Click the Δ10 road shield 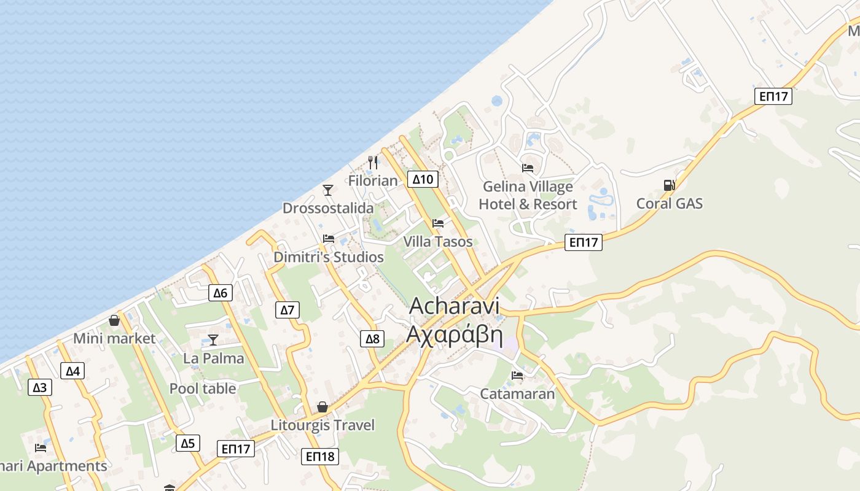click(423, 179)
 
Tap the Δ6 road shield click(220, 293)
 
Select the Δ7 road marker click(287, 310)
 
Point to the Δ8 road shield click(373, 339)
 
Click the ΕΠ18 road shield click(320, 457)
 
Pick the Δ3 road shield click(40, 387)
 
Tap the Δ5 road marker click(187, 443)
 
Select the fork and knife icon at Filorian click(373, 163)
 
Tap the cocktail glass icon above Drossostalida click(328, 190)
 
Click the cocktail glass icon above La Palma click(213, 340)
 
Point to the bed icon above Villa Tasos click(438, 223)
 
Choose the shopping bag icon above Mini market click(114, 320)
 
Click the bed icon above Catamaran click(517, 376)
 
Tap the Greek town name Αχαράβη click(455, 336)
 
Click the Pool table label click(203, 389)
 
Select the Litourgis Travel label click(322, 425)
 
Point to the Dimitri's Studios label click(329, 257)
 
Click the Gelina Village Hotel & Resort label click(528, 195)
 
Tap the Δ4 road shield click(72, 371)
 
